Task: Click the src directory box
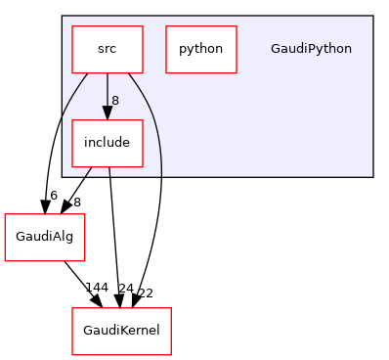[x=107, y=48]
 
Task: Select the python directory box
[x=200, y=48]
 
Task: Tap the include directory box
[x=107, y=143]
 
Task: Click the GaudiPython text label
[x=311, y=48]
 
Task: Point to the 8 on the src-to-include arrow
[x=115, y=100]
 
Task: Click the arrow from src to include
[x=107, y=93]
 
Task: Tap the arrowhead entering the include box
[x=107, y=113]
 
